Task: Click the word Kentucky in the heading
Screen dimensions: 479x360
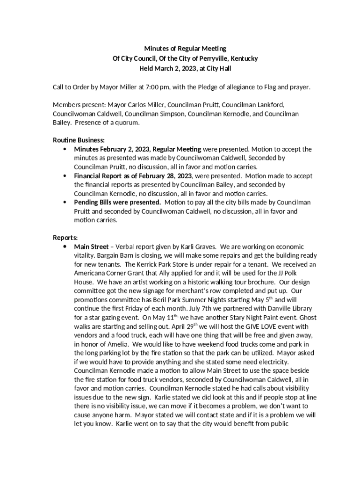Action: click(243, 58)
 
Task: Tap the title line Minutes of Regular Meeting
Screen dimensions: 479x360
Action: click(185, 49)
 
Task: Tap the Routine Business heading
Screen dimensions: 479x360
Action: click(79, 140)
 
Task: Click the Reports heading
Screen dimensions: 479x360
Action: click(65, 237)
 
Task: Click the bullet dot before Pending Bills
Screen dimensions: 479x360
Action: click(64, 203)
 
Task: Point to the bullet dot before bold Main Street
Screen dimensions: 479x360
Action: click(64, 247)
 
